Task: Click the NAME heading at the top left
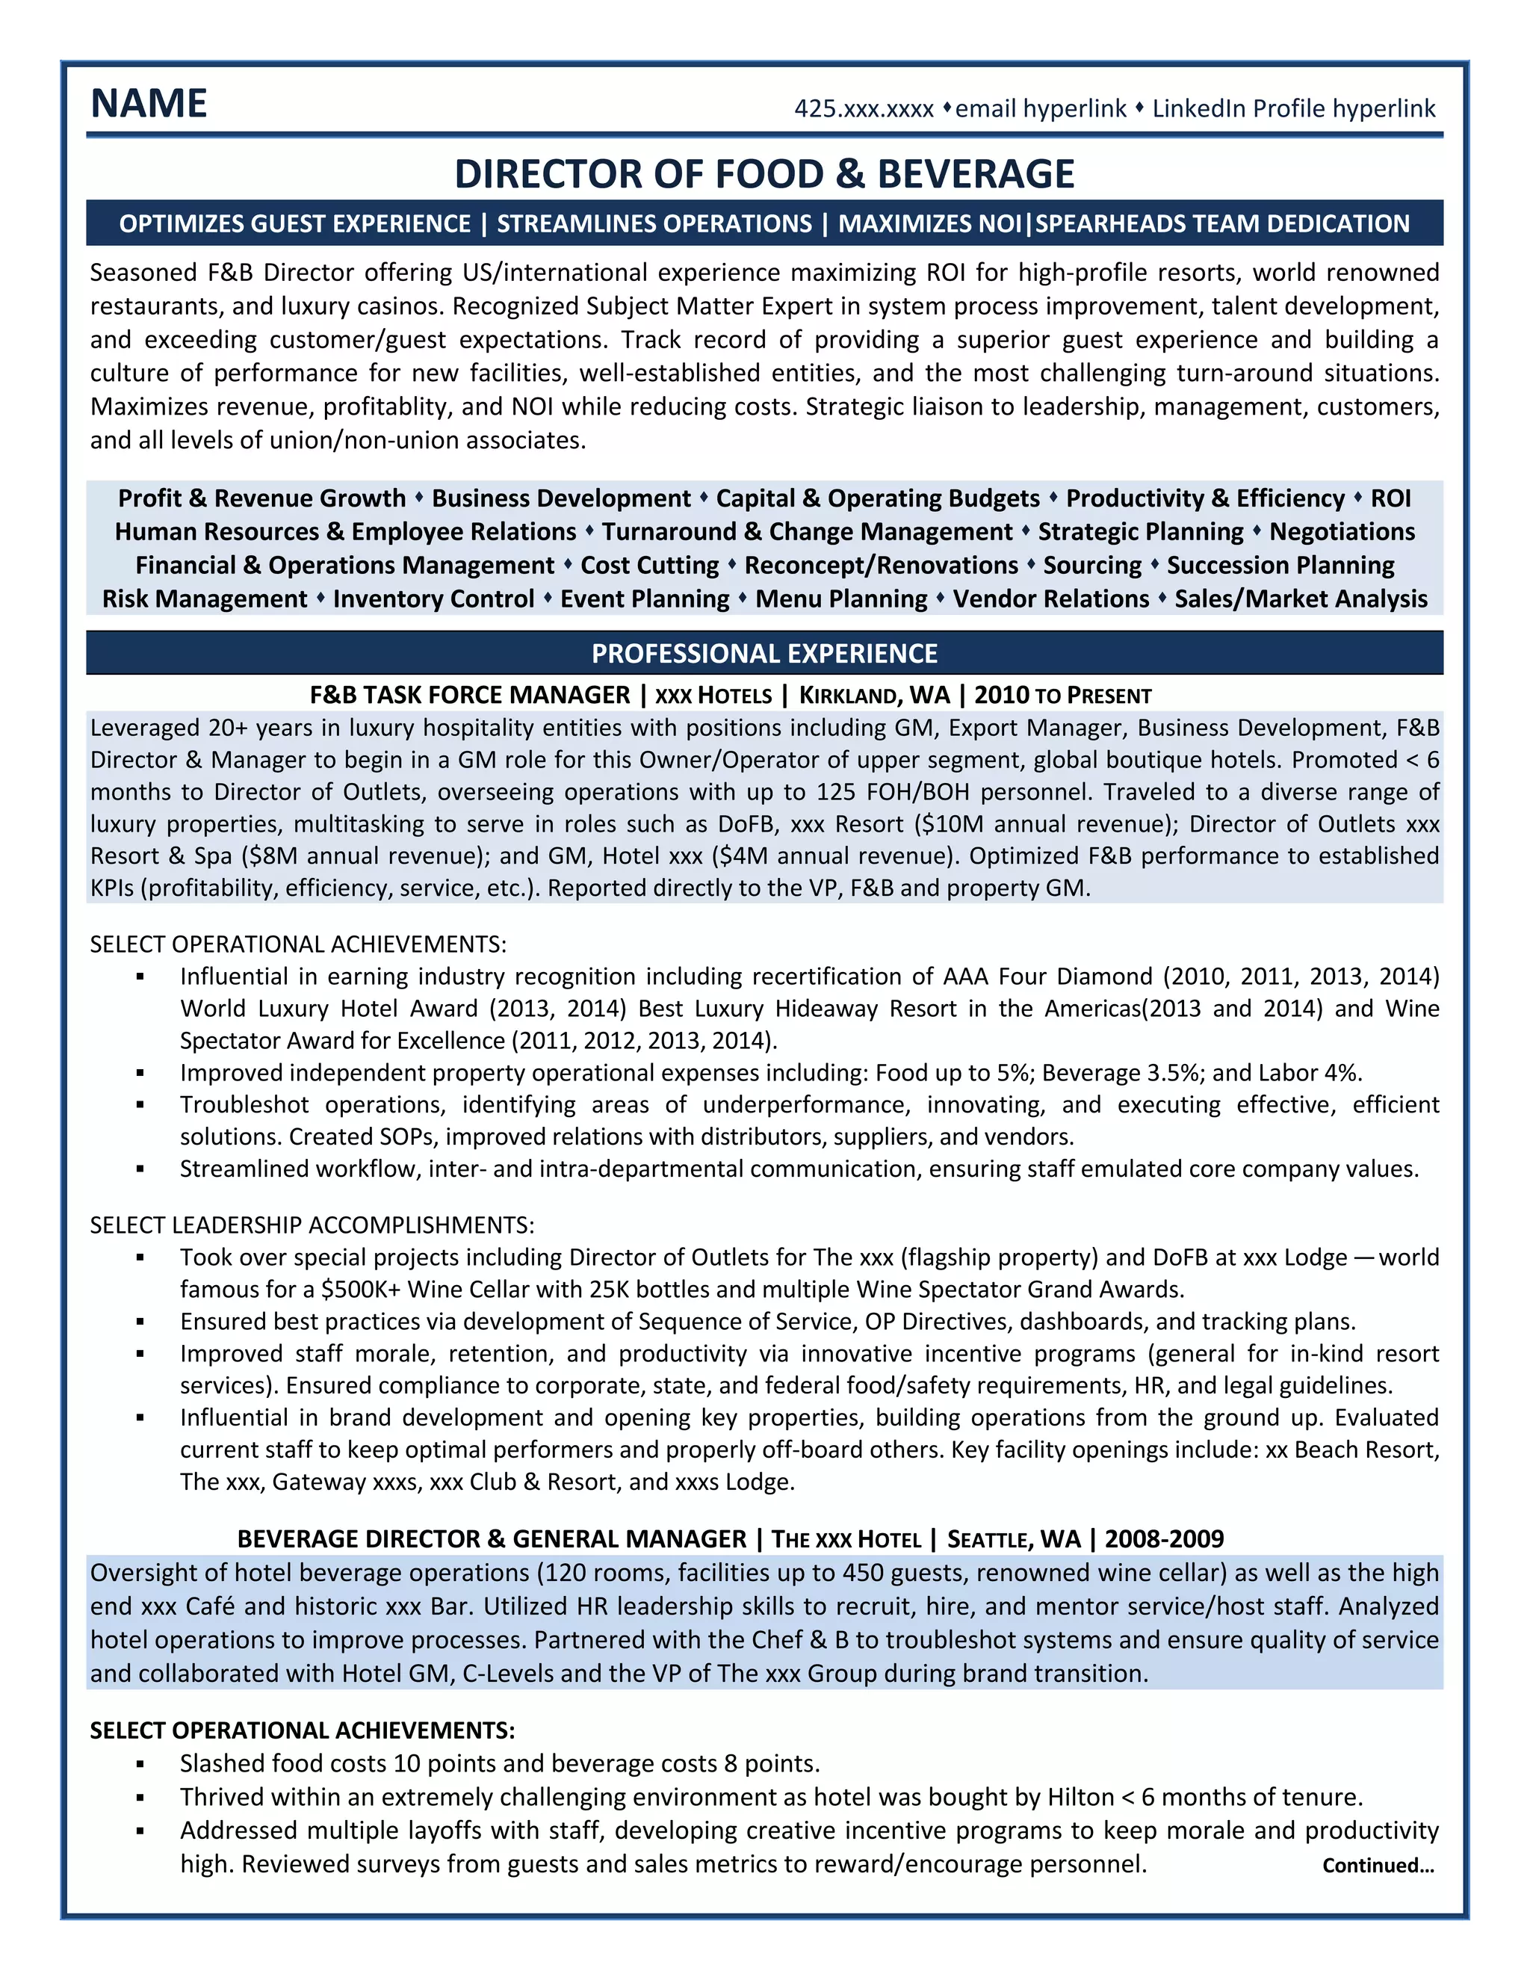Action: click(x=149, y=103)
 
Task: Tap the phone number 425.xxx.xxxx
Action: click(x=863, y=110)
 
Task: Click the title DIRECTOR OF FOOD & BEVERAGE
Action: click(x=764, y=174)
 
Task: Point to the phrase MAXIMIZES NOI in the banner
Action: click(x=929, y=224)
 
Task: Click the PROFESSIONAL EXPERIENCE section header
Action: click(x=764, y=653)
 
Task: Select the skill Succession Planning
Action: click(x=1280, y=566)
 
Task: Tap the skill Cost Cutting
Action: click(x=649, y=566)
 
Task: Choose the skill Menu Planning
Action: click(x=841, y=599)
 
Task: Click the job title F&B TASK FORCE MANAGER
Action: click(x=469, y=696)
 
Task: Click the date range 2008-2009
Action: click(x=1164, y=1539)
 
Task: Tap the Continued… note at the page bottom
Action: click(x=1378, y=1865)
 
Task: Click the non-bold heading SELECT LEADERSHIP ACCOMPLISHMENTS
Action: click(x=312, y=1225)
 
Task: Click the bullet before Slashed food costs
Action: click(x=140, y=1764)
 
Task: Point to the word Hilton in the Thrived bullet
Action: click(x=1080, y=1797)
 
